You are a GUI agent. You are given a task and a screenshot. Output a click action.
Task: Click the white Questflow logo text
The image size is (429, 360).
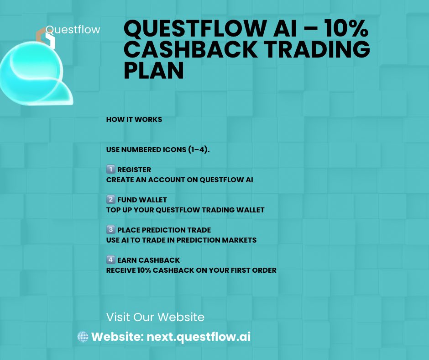click(x=73, y=30)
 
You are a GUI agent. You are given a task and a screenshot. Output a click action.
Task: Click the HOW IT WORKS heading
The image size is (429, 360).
click(x=134, y=120)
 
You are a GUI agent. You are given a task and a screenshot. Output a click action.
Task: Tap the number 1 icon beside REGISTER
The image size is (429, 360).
click(x=110, y=170)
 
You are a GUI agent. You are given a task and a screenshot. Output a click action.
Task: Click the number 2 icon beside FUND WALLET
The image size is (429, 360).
click(x=110, y=200)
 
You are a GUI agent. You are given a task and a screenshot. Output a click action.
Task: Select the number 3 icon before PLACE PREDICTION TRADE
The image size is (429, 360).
click(x=110, y=230)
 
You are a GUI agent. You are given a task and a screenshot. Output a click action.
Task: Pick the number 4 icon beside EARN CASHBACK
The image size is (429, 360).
click(x=110, y=260)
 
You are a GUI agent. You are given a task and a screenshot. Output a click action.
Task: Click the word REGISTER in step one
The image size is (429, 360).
click(x=134, y=170)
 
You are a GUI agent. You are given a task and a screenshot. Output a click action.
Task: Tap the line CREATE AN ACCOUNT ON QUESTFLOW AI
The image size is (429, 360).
click(x=179, y=180)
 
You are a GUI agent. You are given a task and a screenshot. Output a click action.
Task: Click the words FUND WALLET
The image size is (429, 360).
click(x=142, y=200)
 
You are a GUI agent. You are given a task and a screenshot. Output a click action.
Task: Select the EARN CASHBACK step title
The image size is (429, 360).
click(x=148, y=260)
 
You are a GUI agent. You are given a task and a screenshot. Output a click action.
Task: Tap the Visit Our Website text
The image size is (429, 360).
click(x=155, y=317)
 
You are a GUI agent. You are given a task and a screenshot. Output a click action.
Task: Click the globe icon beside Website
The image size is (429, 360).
click(x=83, y=337)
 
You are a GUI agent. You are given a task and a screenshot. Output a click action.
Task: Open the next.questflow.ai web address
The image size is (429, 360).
click(x=199, y=337)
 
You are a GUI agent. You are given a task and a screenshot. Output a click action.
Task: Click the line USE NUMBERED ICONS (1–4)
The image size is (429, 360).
click(x=158, y=150)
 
